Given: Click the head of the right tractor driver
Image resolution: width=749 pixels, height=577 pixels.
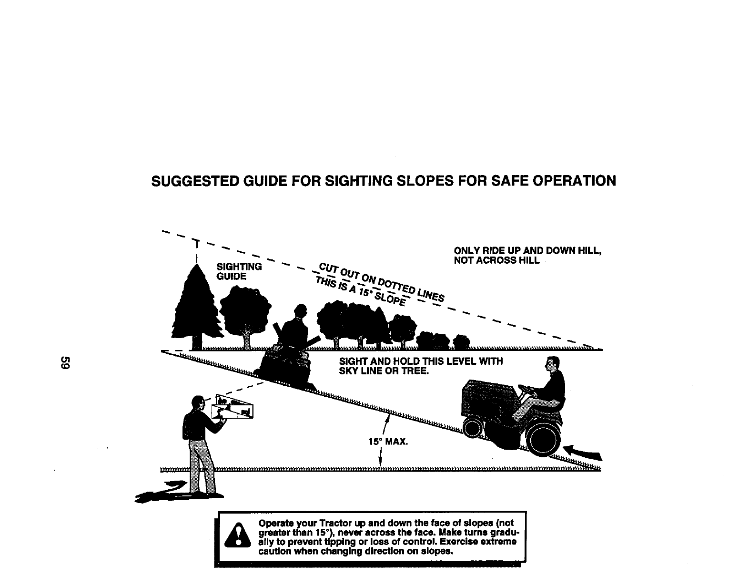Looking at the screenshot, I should point(553,366).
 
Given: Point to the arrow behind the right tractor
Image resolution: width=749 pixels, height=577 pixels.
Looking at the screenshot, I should point(583,452).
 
